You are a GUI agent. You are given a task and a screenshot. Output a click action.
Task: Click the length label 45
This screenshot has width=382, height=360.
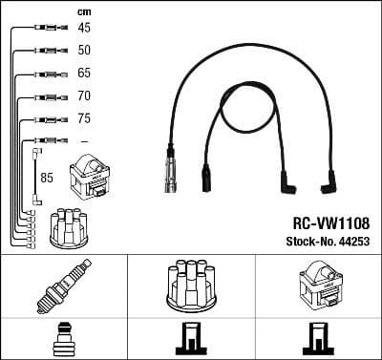click(x=84, y=28)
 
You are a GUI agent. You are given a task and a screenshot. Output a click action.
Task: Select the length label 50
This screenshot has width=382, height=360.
click(x=84, y=50)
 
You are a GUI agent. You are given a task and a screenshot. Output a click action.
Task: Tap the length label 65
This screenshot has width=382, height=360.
click(x=84, y=73)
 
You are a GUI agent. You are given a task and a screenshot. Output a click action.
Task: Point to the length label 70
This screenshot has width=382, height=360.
click(x=84, y=96)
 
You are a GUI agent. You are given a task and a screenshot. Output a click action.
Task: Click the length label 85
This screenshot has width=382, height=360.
click(x=46, y=177)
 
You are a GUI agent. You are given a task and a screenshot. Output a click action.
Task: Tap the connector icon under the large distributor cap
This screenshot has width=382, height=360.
click(x=190, y=340)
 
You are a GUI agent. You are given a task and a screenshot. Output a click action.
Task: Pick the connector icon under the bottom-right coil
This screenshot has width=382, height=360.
click(x=318, y=340)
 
